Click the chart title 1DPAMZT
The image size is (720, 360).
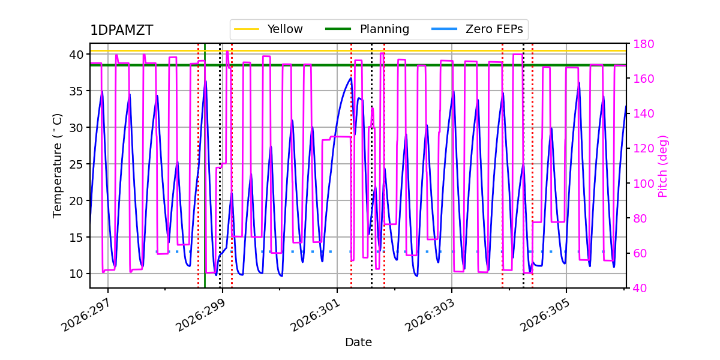[x=121, y=30]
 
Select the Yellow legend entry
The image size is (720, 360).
[x=268, y=29]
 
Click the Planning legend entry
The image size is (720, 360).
[x=367, y=29]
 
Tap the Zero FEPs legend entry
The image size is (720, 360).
[x=477, y=29]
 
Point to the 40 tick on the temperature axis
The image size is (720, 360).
[x=76, y=55]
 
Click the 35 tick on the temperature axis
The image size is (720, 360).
[x=76, y=91]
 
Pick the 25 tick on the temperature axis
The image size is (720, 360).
[x=76, y=164]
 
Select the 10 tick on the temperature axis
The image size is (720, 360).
[x=76, y=274]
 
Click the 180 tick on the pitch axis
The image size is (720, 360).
[x=643, y=44]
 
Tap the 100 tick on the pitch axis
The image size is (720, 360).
[x=643, y=184]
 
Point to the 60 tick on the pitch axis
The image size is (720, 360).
[x=640, y=253]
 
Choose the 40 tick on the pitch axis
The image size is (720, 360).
[x=640, y=289]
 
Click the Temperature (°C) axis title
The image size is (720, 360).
[x=57, y=166]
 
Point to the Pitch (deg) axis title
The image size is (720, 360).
[x=663, y=167]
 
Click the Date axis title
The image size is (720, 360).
[x=358, y=343]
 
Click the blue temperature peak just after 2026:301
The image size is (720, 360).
[x=351, y=78]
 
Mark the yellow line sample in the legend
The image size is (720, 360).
[x=247, y=29]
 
